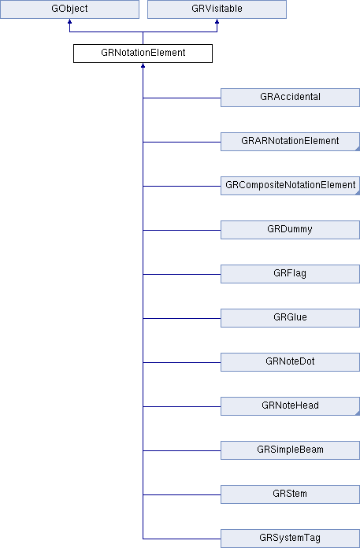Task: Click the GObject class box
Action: tap(69, 9)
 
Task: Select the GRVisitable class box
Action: tap(217, 9)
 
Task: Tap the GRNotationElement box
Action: tap(143, 54)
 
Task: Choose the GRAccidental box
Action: tap(290, 98)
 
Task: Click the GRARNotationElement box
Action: tap(290, 142)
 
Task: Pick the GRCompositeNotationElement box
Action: tap(290, 186)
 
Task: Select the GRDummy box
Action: tap(290, 230)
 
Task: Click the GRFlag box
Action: tap(290, 274)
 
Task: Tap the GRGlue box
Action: tap(290, 317)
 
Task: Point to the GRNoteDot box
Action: tap(290, 361)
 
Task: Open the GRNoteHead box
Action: tap(290, 405)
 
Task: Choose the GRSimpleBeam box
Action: tap(290, 450)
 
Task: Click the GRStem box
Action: tap(290, 494)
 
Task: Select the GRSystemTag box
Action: tap(290, 539)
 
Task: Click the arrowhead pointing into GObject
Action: tap(69, 21)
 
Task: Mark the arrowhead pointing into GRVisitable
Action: tap(217, 21)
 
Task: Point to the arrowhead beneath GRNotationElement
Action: tap(143, 65)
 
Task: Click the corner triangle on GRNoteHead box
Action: tap(358, 413)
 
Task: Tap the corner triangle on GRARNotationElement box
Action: tap(358, 150)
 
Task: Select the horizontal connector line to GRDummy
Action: tap(182, 230)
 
